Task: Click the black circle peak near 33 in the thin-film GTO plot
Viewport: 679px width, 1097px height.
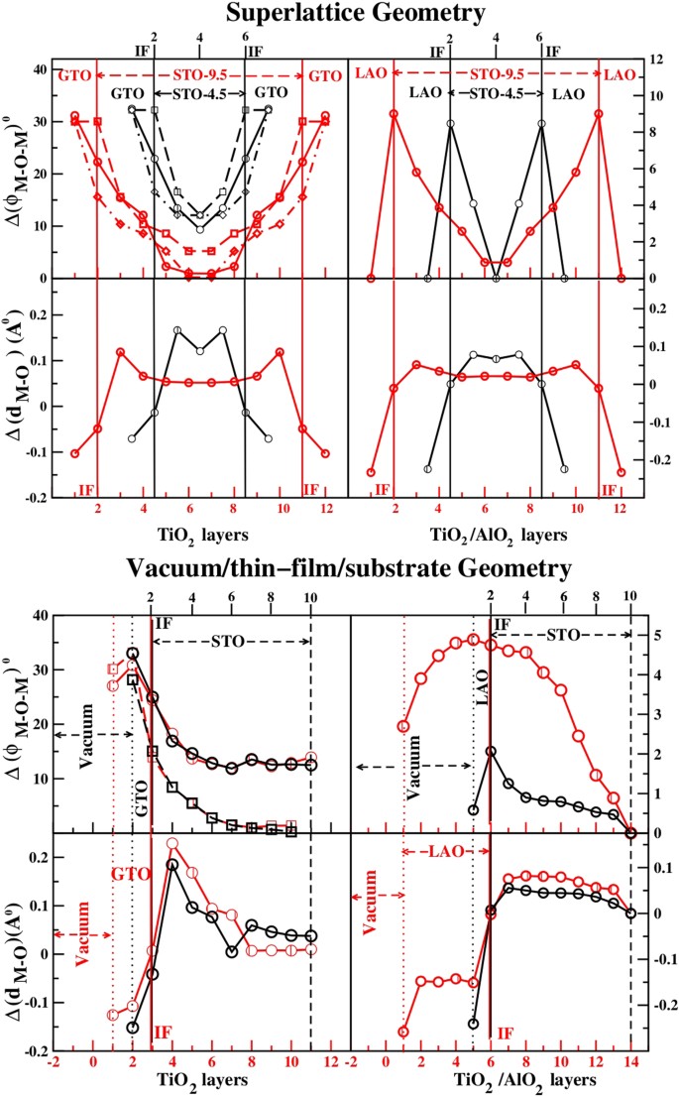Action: click(x=133, y=654)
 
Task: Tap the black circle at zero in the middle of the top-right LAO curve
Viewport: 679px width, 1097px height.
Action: click(x=496, y=279)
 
